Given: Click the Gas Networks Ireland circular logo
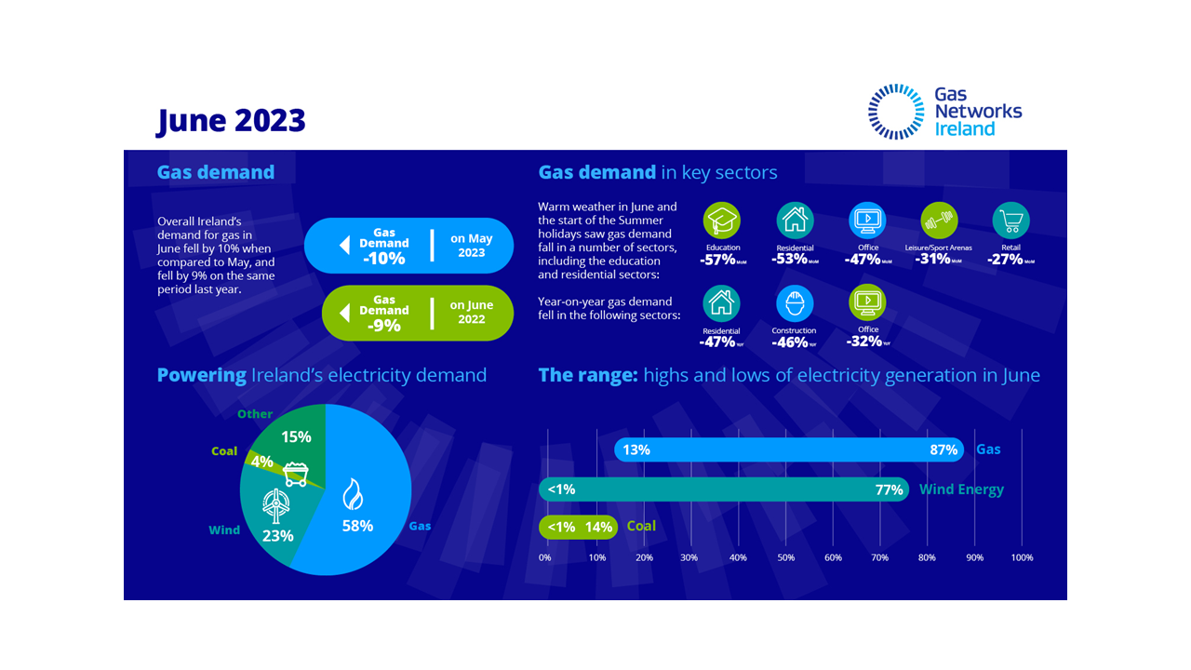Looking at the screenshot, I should pyautogui.click(x=896, y=112).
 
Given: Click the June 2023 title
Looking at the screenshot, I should pyautogui.click(x=231, y=120).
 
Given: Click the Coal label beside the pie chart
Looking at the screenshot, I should pyautogui.click(x=224, y=451).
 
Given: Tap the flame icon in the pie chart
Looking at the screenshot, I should pyautogui.click(x=354, y=493).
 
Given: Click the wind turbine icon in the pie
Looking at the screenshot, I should pyautogui.click(x=275, y=506).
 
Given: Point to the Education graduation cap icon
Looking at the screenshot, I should pyautogui.click(x=722, y=221).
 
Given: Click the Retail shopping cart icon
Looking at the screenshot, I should pyautogui.click(x=1010, y=221).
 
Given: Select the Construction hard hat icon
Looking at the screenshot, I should pyautogui.click(x=795, y=303).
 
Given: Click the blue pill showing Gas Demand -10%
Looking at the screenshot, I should pyautogui.click(x=409, y=246).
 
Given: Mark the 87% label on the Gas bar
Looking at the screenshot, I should pyautogui.click(x=943, y=450).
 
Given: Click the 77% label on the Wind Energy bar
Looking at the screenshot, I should pyautogui.click(x=889, y=490).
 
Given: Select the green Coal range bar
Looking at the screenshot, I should pyautogui.click(x=578, y=527).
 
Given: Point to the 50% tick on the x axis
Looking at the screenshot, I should pyautogui.click(x=786, y=557).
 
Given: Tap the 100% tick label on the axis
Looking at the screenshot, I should pyautogui.click(x=1022, y=557).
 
